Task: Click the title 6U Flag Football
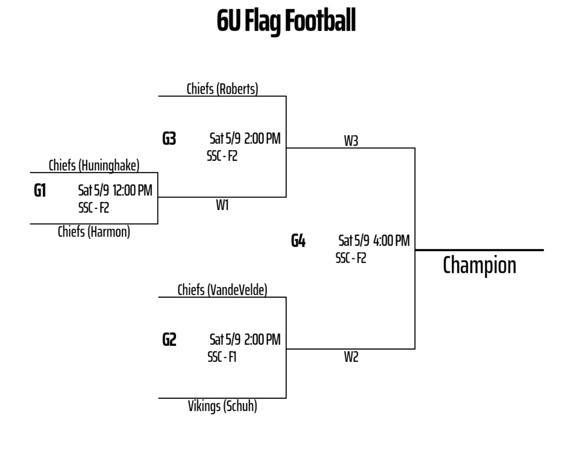286,21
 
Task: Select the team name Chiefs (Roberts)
222,89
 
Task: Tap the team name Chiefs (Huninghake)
94,166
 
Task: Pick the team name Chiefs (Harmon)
94,232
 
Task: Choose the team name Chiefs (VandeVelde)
222,290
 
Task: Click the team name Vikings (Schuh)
222,406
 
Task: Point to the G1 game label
40,191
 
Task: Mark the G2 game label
169,339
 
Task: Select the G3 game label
169,138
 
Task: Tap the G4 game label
298,241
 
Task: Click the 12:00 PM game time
132,190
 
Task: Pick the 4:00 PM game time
392,241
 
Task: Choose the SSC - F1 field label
222,357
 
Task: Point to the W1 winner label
222,205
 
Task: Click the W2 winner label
351,357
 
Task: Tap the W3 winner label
351,141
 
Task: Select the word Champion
479,265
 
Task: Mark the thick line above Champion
479,250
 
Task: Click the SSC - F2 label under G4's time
351,258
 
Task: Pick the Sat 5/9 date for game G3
225,138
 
